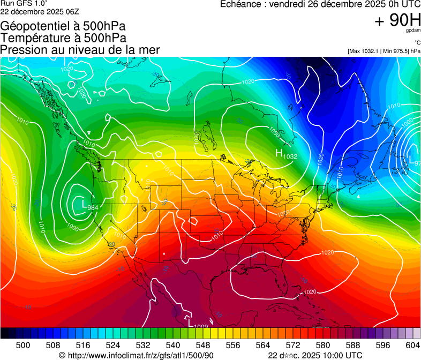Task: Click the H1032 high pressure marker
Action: [286, 154]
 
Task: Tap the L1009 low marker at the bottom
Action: [198, 324]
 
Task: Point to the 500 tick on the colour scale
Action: [23, 346]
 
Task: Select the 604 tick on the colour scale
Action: [413, 346]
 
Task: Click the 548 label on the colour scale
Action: [203, 346]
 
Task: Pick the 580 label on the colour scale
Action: [323, 346]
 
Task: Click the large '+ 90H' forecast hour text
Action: [397, 20]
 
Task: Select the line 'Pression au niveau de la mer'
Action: [80, 50]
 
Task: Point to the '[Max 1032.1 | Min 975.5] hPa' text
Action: [384, 51]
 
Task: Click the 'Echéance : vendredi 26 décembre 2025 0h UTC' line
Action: [320, 4]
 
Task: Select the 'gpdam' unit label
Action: [414, 31]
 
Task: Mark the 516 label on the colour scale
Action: [83, 346]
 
